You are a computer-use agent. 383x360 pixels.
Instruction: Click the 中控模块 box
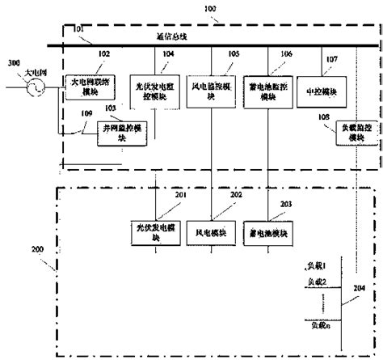click(x=317, y=91)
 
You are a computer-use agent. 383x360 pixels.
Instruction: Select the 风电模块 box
click(x=212, y=229)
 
